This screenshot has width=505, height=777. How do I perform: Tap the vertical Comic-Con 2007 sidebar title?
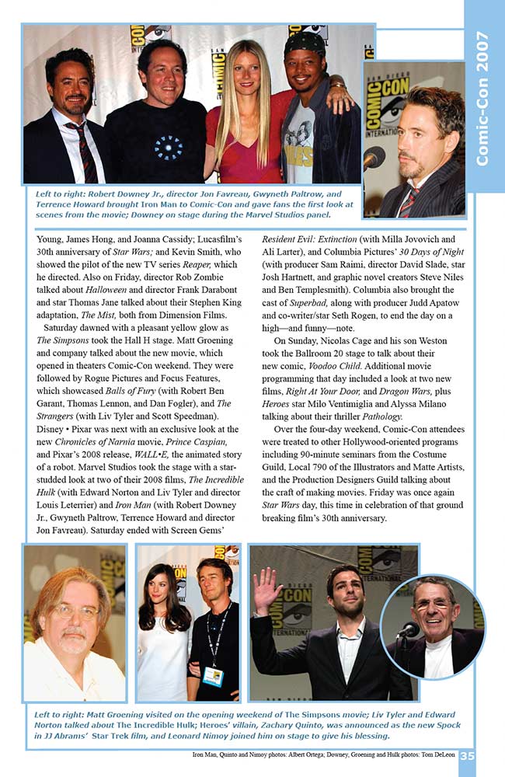(x=482, y=97)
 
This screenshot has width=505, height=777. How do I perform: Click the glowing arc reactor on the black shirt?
(x=168, y=147)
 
